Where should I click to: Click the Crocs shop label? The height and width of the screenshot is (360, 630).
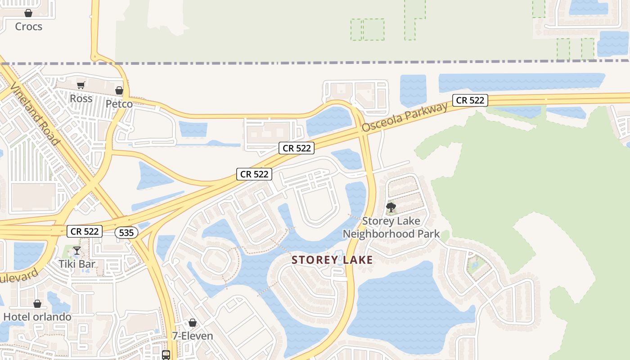click(28, 27)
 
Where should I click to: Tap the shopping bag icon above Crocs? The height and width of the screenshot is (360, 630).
click(28, 13)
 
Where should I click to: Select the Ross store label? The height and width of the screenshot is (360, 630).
click(81, 99)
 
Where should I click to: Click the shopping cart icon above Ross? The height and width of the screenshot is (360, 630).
click(81, 85)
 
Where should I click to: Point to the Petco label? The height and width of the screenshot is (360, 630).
click(119, 104)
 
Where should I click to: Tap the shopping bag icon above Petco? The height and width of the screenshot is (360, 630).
click(119, 90)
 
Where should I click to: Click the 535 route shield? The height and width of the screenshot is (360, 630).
click(126, 233)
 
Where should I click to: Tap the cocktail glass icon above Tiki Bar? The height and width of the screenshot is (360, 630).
click(77, 251)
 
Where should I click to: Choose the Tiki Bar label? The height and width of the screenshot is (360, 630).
click(77, 264)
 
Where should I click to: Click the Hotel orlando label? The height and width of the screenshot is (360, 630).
click(37, 317)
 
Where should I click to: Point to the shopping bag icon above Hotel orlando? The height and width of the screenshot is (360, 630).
click(37, 304)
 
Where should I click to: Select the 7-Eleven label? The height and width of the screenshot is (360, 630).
click(193, 336)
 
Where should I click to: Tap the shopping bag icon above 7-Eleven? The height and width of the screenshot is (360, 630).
click(193, 323)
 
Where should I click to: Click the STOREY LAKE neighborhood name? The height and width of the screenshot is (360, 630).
click(332, 260)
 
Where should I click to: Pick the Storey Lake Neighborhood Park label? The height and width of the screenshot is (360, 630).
click(391, 227)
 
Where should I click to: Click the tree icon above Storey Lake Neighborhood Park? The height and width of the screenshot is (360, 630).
click(391, 207)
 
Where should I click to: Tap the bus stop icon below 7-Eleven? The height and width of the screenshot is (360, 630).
click(166, 355)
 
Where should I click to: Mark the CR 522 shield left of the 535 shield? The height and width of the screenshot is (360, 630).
click(85, 232)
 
